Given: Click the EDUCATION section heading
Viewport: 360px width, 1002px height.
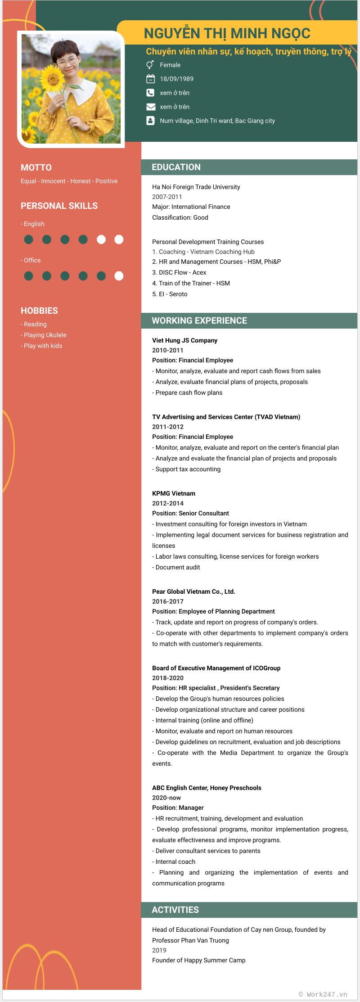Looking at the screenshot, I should pyautogui.click(x=176, y=167).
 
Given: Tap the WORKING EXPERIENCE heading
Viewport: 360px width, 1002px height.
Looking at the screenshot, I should pyautogui.click(x=199, y=320).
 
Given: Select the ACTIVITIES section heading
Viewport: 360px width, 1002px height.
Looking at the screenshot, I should pyautogui.click(x=175, y=910).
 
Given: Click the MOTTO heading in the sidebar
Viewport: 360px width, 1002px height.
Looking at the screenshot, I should pyautogui.click(x=36, y=167).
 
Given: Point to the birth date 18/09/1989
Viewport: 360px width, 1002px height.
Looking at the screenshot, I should pyautogui.click(x=176, y=79).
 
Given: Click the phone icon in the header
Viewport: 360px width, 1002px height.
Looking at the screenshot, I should pyautogui.click(x=150, y=93).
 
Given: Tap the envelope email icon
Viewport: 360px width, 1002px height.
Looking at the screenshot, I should pyautogui.click(x=150, y=107).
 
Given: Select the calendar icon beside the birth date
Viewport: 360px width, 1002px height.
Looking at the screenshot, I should pyautogui.click(x=150, y=79).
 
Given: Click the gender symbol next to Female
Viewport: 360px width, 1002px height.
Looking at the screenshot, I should pyautogui.click(x=150, y=65).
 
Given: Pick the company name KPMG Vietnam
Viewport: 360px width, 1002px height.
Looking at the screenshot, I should pyautogui.click(x=174, y=493).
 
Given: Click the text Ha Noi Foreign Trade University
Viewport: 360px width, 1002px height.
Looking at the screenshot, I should pyautogui.click(x=196, y=187).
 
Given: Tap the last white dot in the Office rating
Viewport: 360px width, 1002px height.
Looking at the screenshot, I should pyautogui.click(x=119, y=276).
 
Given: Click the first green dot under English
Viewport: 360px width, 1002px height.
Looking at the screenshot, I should pyautogui.click(x=28, y=239).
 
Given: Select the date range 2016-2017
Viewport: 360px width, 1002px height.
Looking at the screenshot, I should pyautogui.click(x=168, y=601).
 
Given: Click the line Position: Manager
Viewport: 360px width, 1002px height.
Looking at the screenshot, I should pyautogui.click(x=178, y=808).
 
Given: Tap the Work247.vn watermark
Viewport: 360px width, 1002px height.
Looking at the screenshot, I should pyautogui.click(x=323, y=994).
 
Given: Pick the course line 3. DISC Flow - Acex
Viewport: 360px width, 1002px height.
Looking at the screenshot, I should pyautogui.click(x=179, y=272).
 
